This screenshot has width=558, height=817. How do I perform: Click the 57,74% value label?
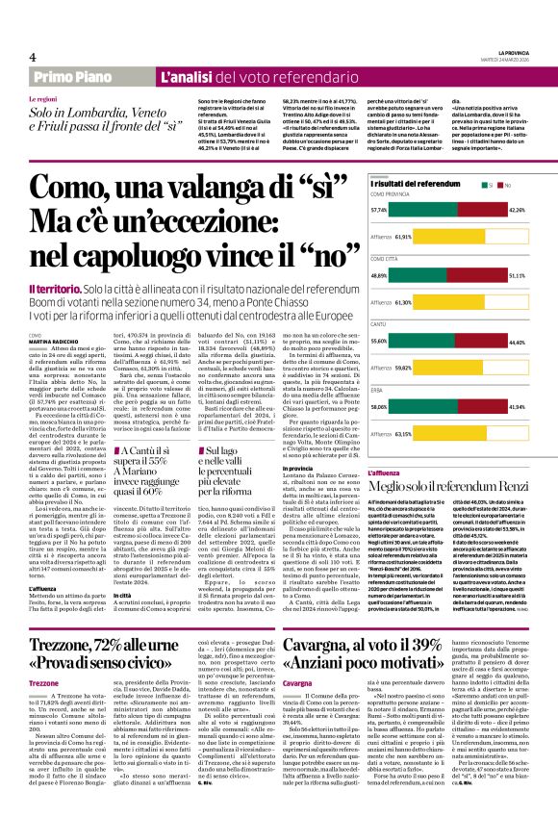click(x=379, y=209)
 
